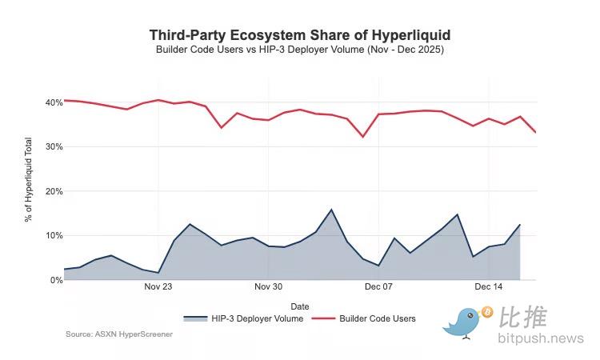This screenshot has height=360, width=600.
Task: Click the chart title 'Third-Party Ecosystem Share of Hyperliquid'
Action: click(300, 35)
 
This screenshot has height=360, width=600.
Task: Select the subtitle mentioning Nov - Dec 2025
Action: click(300, 50)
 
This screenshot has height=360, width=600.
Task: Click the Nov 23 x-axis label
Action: click(158, 286)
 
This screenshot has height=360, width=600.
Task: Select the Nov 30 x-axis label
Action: click(268, 286)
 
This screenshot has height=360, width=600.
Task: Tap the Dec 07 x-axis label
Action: click(378, 286)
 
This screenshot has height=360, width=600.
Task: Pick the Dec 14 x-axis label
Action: click(488, 286)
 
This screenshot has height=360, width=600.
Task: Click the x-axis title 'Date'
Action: click(300, 306)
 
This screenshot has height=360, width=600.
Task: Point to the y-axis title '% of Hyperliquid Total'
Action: click(28, 191)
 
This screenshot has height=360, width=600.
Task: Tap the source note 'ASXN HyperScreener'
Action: click(119, 334)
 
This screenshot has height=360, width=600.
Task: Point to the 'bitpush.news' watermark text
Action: click(541, 338)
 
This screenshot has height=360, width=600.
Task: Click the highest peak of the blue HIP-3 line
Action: click(331, 210)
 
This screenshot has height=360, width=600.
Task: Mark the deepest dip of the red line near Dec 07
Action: click(362, 137)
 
